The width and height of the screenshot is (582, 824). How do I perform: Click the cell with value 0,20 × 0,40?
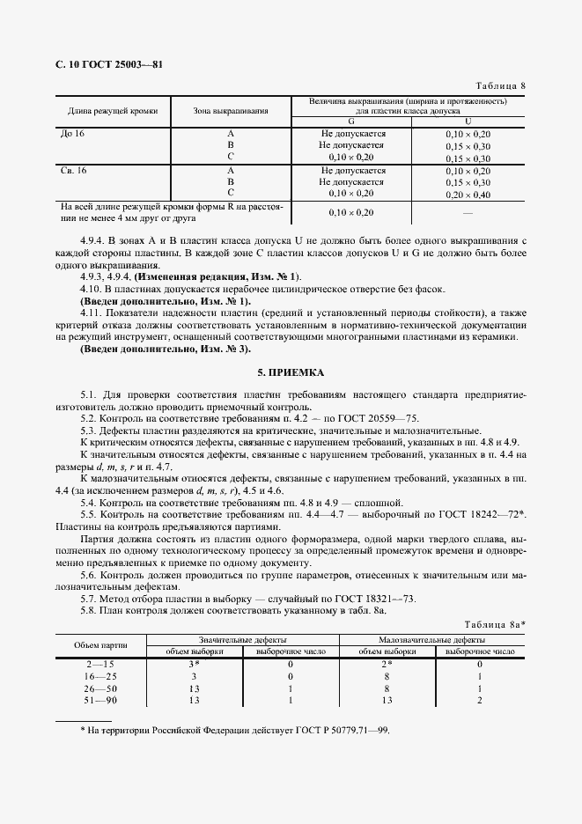pyautogui.click(x=468, y=193)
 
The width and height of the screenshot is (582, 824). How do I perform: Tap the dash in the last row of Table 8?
pyautogui.click(x=468, y=212)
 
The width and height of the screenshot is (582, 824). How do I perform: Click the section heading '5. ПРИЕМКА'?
pyautogui.click(x=291, y=373)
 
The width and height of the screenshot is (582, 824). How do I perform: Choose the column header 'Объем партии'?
pyautogui.click(x=100, y=645)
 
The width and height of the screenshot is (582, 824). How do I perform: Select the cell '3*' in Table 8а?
pyautogui.click(x=194, y=664)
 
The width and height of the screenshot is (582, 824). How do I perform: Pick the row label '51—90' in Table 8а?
pyautogui.click(x=100, y=701)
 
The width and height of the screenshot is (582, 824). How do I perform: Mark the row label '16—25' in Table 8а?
pyautogui.click(x=100, y=676)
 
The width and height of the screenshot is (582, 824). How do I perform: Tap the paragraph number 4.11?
pyautogui.click(x=92, y=313)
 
